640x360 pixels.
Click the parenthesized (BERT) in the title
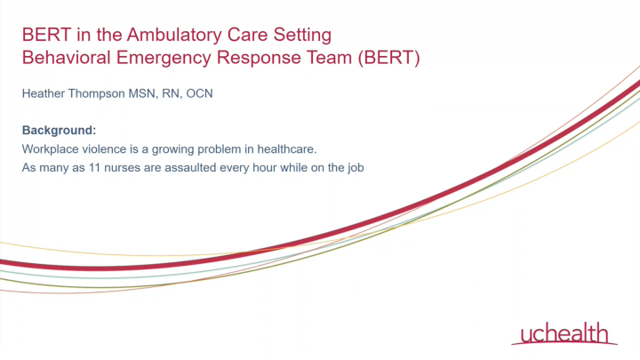(x=388, y=58)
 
